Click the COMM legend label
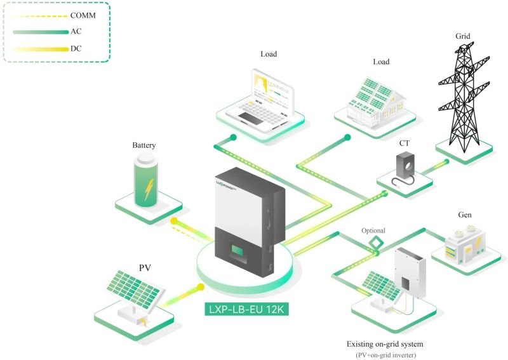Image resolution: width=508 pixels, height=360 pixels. pos(84,15)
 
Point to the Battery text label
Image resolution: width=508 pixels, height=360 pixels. pos(144,145)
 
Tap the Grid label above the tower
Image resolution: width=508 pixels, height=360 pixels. pos(464,36)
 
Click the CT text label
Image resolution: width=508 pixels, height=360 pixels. pos(404,143)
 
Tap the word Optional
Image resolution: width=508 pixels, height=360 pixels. pos(373,230)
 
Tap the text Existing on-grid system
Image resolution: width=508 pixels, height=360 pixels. pos(385,343)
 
